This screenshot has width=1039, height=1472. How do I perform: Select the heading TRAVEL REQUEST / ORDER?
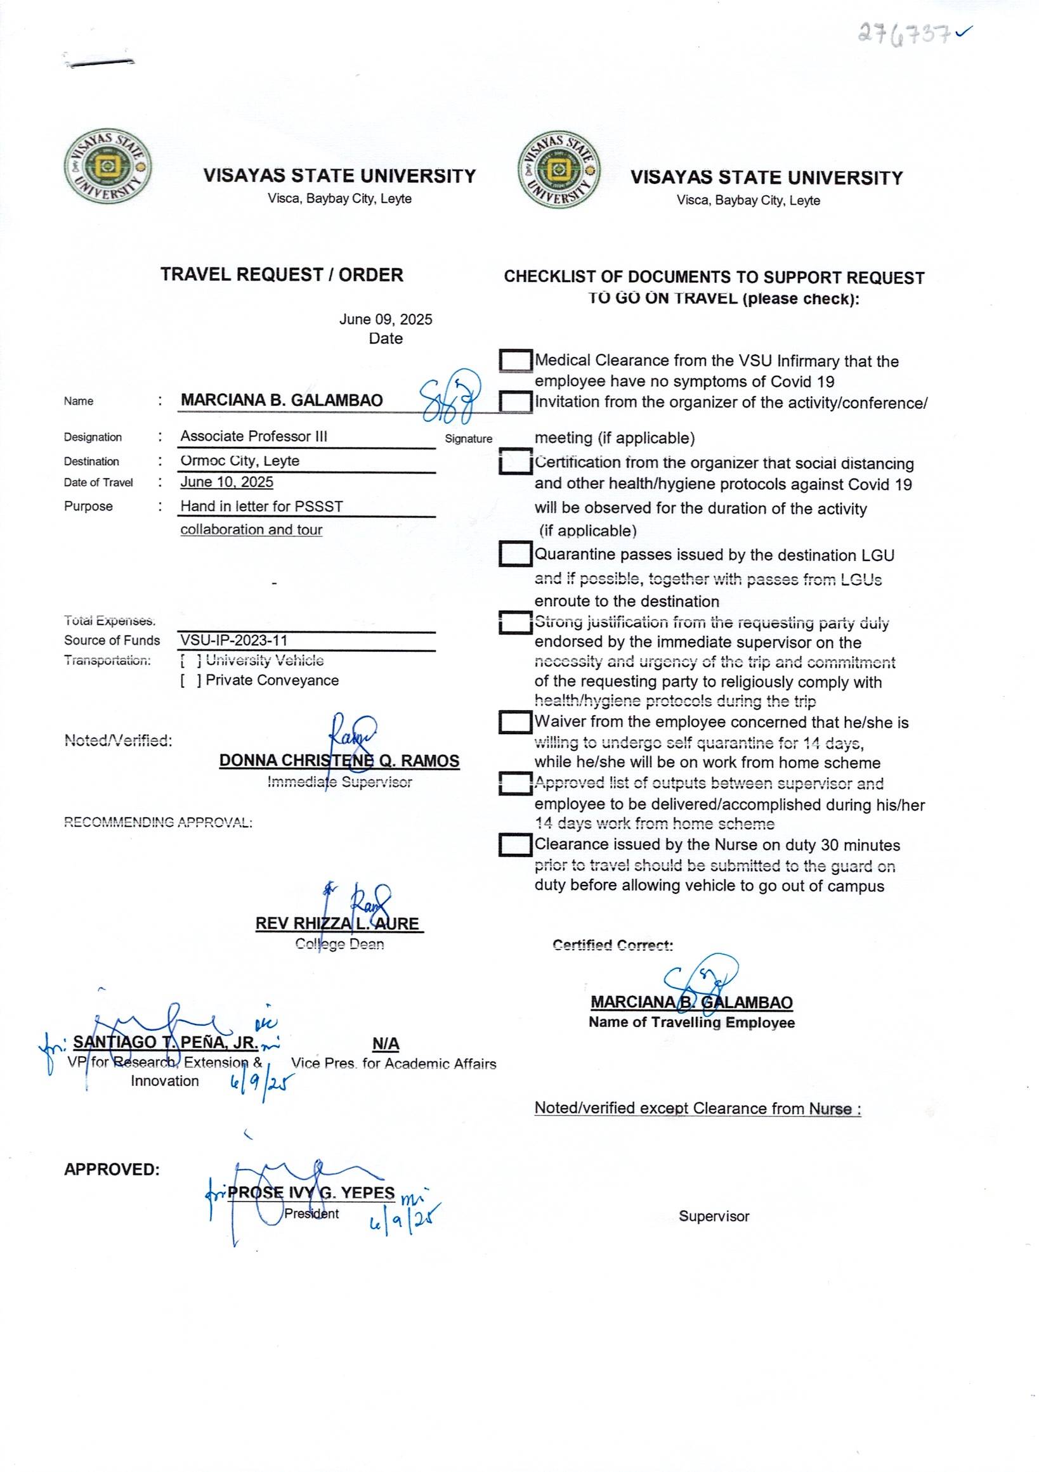282,275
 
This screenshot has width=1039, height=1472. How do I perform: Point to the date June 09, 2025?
386,320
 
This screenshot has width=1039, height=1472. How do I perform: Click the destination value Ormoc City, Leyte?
240,461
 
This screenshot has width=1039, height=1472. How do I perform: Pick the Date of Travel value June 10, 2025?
226,482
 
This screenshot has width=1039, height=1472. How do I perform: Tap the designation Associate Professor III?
253,437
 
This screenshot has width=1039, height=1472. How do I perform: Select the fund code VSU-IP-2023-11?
233,640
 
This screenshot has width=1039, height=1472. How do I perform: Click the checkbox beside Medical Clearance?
516,361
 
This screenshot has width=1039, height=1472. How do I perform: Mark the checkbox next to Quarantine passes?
516,555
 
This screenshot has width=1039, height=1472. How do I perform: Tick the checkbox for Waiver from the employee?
516,723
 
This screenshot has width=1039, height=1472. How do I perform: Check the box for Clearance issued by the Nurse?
516,845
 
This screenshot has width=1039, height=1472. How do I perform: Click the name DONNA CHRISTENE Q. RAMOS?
339,761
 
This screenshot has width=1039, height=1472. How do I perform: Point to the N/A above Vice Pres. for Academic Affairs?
386,1044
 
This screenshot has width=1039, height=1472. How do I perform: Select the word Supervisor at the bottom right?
714,1217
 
